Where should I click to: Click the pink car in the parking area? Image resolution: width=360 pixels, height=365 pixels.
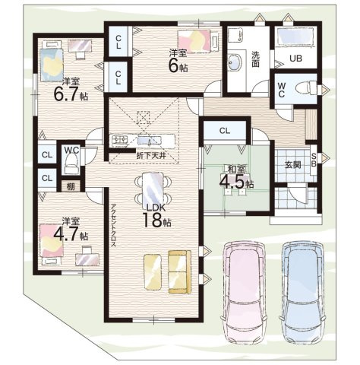coord(245,293)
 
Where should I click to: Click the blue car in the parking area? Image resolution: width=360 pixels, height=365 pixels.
coord(302,293)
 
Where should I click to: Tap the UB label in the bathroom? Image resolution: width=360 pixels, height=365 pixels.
coord(296,59)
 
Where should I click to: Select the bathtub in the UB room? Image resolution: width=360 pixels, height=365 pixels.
coord(296,37)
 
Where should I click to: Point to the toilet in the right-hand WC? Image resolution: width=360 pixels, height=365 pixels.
coord(306,88)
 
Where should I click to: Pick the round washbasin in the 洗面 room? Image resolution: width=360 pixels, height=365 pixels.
coord(235,62)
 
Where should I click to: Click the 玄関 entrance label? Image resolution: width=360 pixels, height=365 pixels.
coord(292,165)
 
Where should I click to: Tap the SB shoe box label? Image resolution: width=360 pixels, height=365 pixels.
coord(314,160)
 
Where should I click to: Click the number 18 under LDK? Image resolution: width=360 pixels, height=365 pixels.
coord(152,220)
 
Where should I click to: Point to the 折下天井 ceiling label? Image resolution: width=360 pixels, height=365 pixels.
coord(151,156)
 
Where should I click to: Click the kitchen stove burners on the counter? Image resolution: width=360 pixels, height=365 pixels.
coord(119,140)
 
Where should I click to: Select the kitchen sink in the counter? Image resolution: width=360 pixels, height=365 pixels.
coord(150,141)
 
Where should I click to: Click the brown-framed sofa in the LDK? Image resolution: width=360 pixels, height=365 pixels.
coord(180,272)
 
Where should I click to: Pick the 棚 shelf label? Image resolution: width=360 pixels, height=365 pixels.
coord(71,186)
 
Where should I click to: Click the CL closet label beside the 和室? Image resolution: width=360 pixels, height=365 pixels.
coord(225,131)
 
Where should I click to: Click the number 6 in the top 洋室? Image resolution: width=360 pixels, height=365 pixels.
coord(174,65)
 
